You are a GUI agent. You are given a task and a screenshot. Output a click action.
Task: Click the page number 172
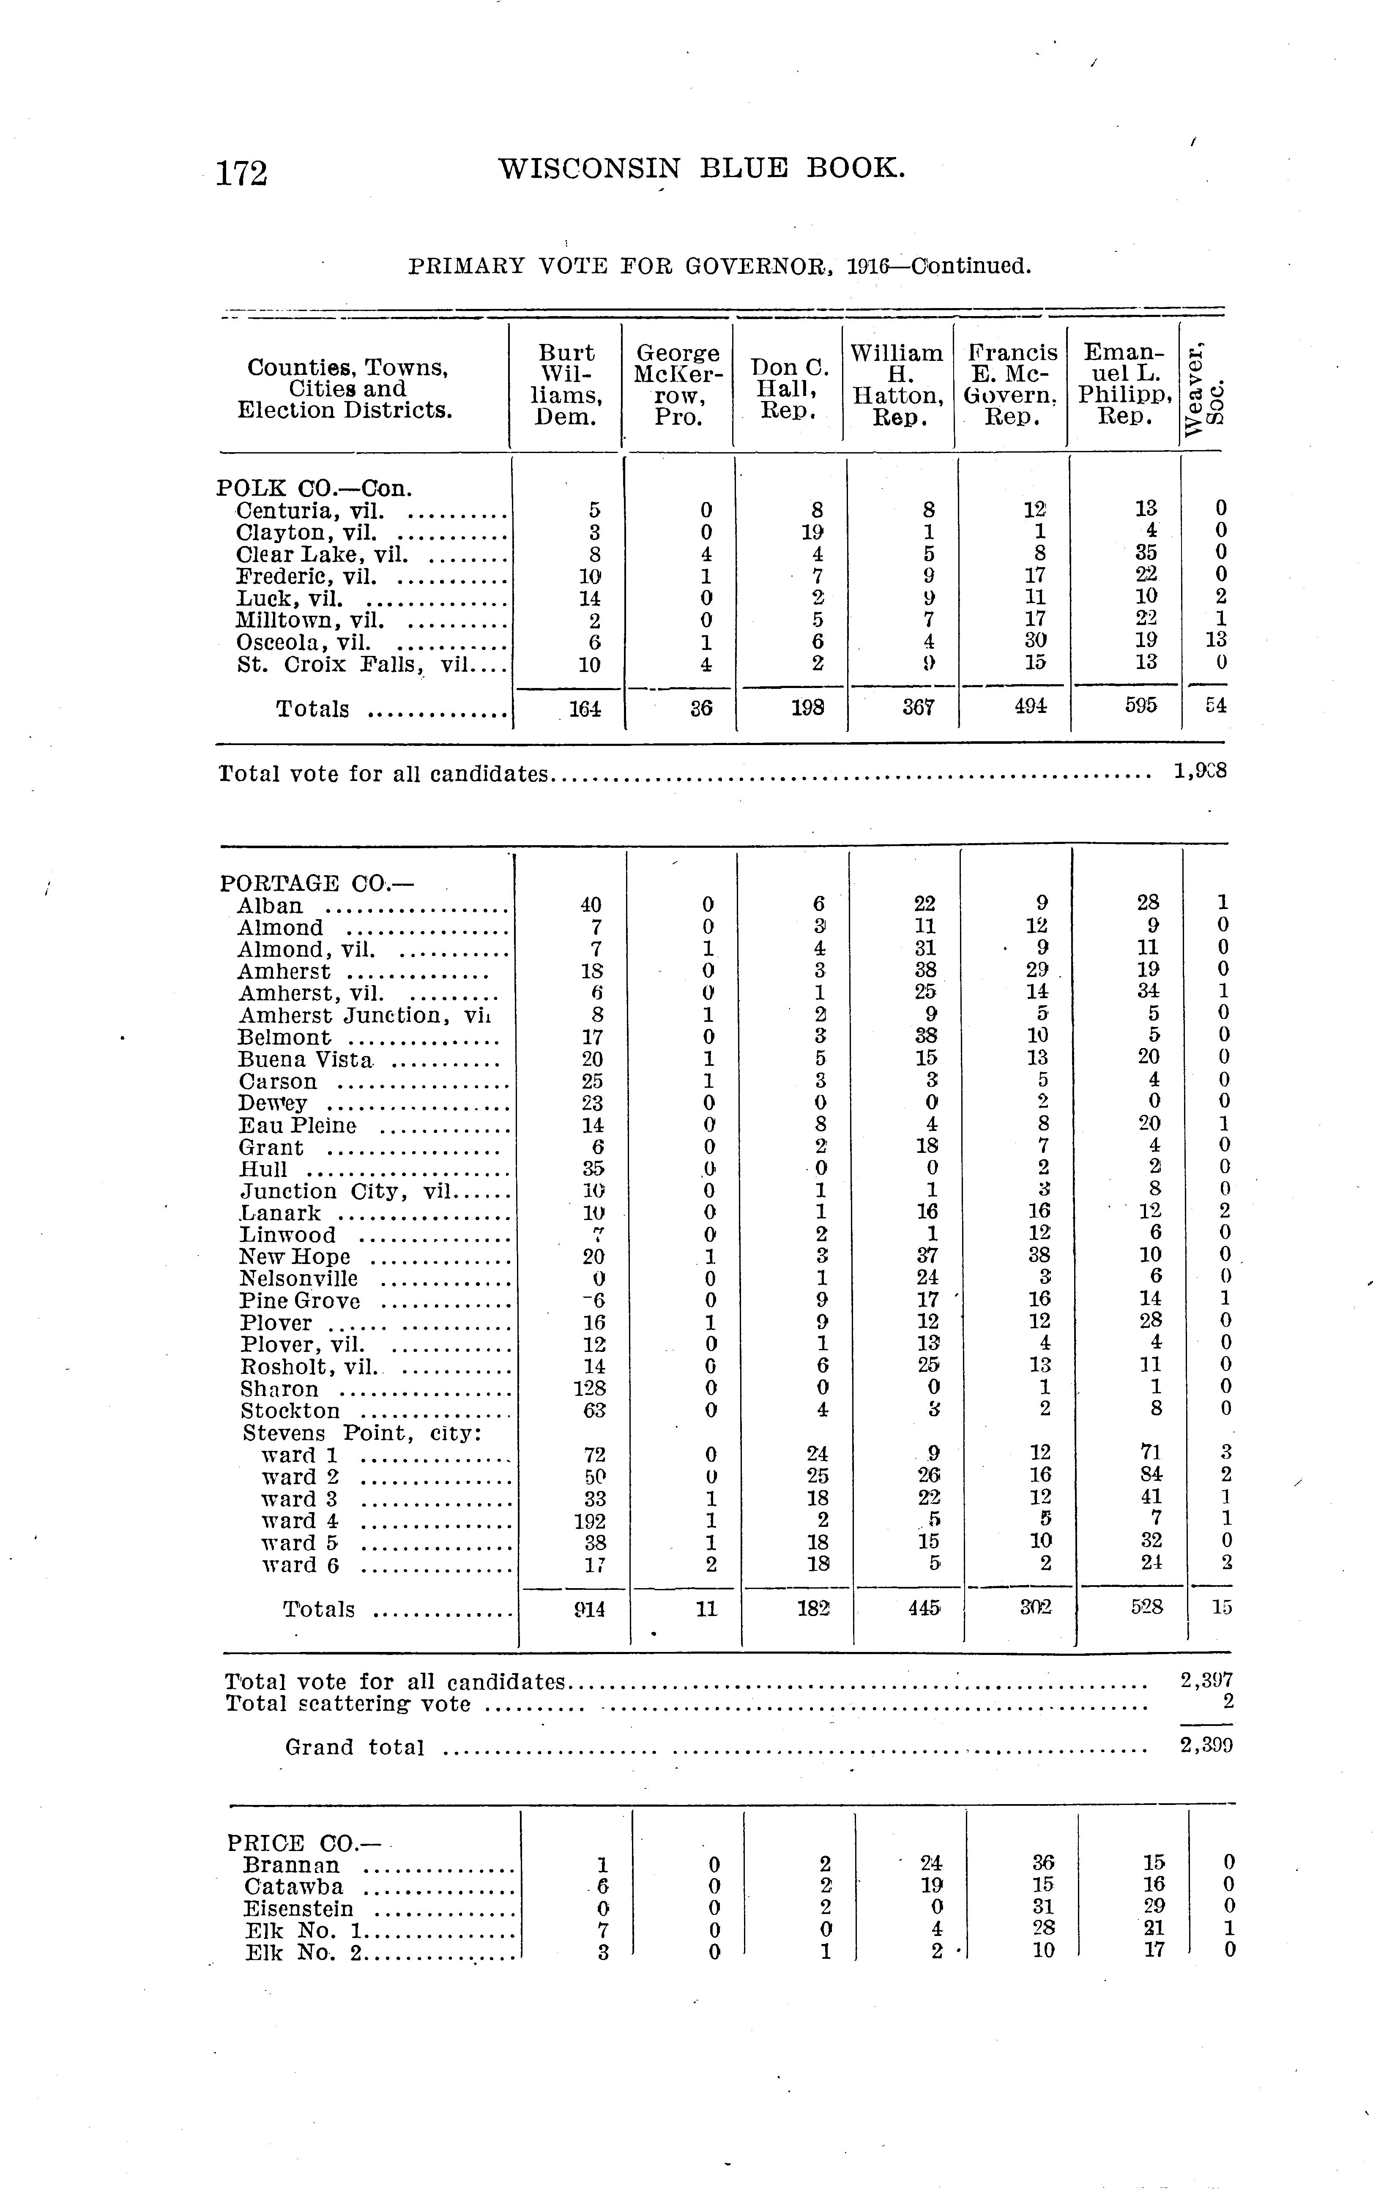(241, 172)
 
